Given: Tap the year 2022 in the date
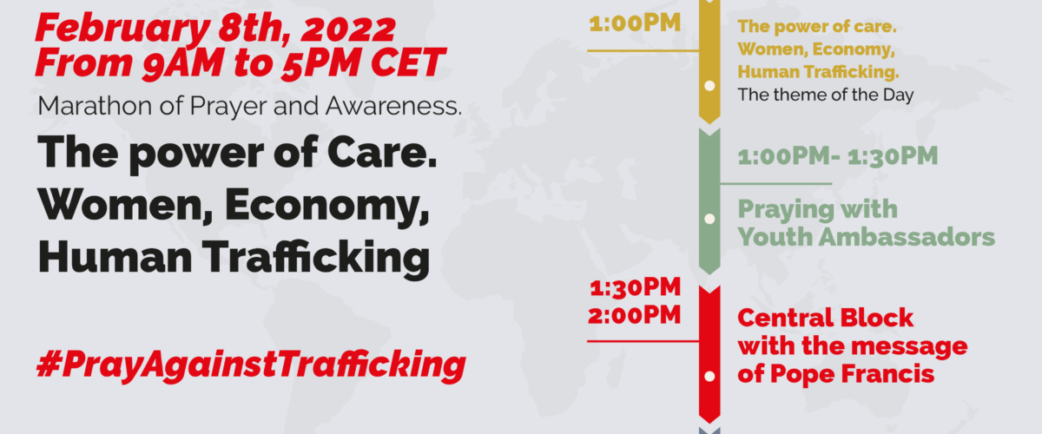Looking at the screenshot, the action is pos(348,29).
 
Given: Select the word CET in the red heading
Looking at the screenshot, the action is pos(408,62).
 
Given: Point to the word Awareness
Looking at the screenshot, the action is pos(393,106).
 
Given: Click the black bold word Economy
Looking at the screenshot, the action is pos(326,206).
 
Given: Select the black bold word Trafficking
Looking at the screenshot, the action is pos(316,258).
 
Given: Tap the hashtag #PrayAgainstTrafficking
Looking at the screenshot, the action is pos(251,365).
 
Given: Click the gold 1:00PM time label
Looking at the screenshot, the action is pos(635,23).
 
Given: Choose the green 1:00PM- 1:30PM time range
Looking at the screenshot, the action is pos(838,156).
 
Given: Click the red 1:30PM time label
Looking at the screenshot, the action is pos(636,288).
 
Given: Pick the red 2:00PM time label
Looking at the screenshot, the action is pos(635,316).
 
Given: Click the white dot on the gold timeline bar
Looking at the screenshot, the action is pos(710,86).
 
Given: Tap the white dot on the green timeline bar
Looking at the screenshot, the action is pos(710,219).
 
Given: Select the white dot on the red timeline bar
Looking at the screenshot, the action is pos(710,377).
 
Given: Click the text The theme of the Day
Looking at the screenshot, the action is pos(826,95).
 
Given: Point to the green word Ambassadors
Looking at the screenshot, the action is pos(907,237).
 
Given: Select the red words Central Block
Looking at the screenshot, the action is pos(826,319).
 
